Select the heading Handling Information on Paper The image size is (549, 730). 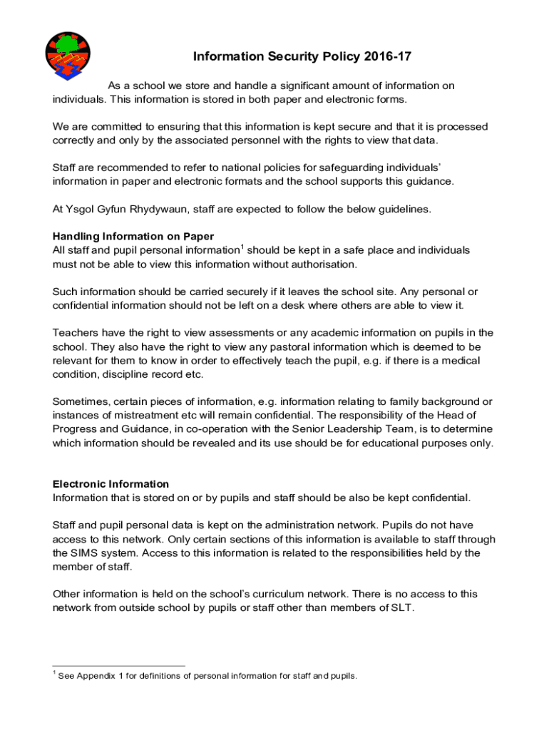(133, 237)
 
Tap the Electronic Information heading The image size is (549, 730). (111, 484)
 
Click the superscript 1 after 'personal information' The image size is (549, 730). (242, 247)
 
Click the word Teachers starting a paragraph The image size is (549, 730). (76, 333)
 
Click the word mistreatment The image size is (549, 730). (149, 415)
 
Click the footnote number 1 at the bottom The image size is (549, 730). (53, 673)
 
